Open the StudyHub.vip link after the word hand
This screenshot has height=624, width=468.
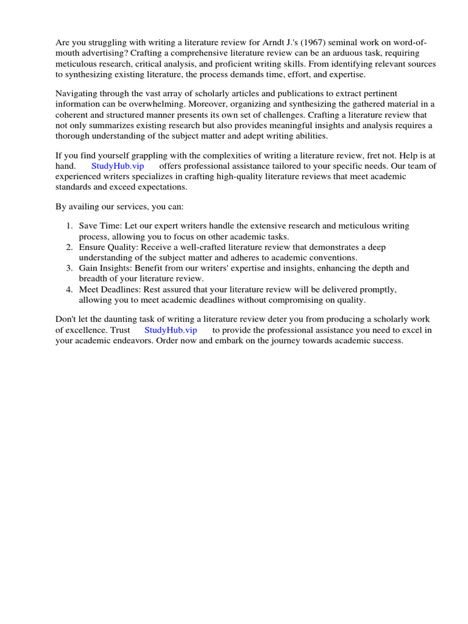[118, 166]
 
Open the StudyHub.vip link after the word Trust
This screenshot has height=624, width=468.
[171, 330]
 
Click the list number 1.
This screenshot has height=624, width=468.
[69, 225]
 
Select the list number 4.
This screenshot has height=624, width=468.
[69, 289]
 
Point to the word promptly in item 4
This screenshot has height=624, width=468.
[374, 289]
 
